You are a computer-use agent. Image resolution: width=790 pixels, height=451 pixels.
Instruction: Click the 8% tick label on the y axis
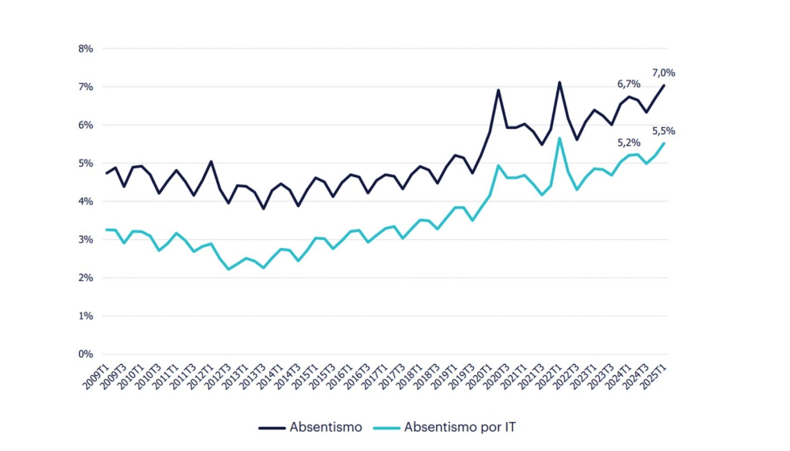point(84,48)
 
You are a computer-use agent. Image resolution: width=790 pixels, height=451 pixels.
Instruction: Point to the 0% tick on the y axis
point(84,354)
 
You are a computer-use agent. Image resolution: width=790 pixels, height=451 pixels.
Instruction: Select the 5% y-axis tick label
point(84,163)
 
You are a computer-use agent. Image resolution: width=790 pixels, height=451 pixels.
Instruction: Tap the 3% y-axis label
point(84,240)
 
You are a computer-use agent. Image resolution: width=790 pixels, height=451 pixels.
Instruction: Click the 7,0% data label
point(663,72)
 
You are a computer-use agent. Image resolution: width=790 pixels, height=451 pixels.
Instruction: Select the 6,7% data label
point(629,84)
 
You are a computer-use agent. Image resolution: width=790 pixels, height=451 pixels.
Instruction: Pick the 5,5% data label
point(663,130)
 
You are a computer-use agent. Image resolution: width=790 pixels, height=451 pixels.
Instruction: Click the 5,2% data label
point(629,143)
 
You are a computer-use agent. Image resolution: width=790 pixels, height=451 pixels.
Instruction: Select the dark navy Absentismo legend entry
point(310,427)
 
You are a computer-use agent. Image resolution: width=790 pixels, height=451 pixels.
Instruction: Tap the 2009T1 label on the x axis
point(94,376)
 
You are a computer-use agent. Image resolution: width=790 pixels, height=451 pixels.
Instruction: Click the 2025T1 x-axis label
point(653,376)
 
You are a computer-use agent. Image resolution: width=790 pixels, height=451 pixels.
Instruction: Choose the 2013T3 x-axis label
point(252,376)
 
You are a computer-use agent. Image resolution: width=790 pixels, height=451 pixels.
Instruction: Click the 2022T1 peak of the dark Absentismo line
point(559,82)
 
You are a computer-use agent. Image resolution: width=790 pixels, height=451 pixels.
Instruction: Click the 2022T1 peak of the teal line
point(559,138)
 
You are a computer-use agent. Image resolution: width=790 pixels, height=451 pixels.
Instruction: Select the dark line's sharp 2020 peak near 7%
point(498,90)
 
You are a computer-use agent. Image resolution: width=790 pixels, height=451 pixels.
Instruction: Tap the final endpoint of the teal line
point(663,143)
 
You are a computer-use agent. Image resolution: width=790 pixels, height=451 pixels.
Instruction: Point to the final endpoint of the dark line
point(663,85)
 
